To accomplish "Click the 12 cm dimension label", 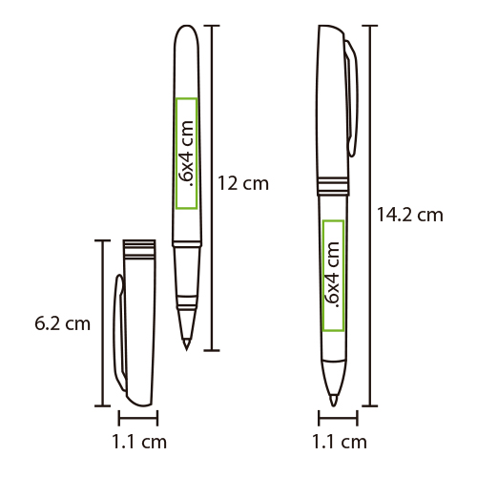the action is (243, 183).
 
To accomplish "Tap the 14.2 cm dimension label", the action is (409, 215).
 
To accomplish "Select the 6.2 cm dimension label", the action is (62, 323).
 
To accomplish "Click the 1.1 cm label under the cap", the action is (139, 442).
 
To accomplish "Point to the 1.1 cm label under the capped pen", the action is (340, 442).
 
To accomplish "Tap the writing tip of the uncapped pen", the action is (186, 350).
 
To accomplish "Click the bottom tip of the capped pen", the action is (333, 405).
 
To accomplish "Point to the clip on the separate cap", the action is (120, 332).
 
